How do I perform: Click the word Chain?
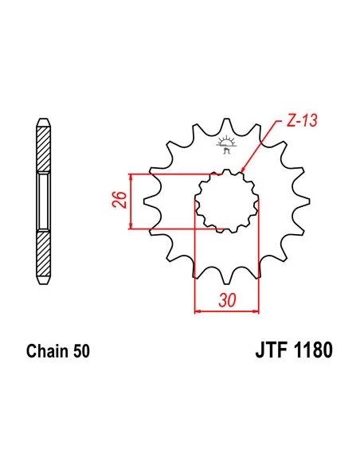(45, 351)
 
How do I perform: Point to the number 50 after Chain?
(81, 351)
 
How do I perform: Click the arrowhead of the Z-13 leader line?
(241, 170)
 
